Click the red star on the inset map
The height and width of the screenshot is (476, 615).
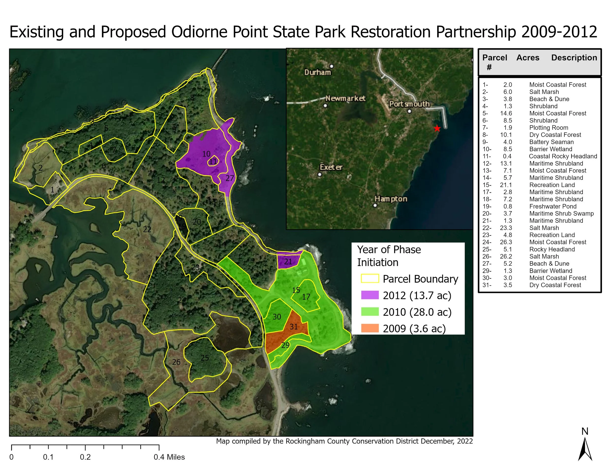click(x=437, y=129)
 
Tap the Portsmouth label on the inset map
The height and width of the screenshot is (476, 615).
click(x=409, y=104)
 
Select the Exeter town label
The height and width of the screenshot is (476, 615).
click(x=331, y=167)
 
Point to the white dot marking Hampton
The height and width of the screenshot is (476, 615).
click(x=375, y=205)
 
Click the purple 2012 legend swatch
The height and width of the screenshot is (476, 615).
click(x=370, y=295)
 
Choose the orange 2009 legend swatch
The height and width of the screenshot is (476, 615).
click(x=370, y=328)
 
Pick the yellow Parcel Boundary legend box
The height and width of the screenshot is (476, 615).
click(x=370, y=278)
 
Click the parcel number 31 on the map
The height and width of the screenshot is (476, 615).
click(x=294, y=326)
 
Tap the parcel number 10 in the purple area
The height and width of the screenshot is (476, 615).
click(x=206, y=154)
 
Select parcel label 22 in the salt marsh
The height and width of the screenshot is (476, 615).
click(x=147, y=230)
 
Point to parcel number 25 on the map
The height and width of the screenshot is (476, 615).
click(x=205, y=358)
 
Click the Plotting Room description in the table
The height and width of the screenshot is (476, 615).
click(x=549, y=128)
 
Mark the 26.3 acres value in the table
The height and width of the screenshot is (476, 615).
click(x=506, y=242)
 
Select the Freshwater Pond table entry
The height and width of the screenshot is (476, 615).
click(x=553, y=206)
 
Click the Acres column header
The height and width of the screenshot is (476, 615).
click(x=528, y=58)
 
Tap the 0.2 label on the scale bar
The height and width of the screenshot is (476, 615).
click(x=85, y=457)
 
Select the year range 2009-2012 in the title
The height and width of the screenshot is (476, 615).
click(x=559, y=32)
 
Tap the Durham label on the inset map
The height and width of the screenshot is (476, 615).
click(x=317, y=72)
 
